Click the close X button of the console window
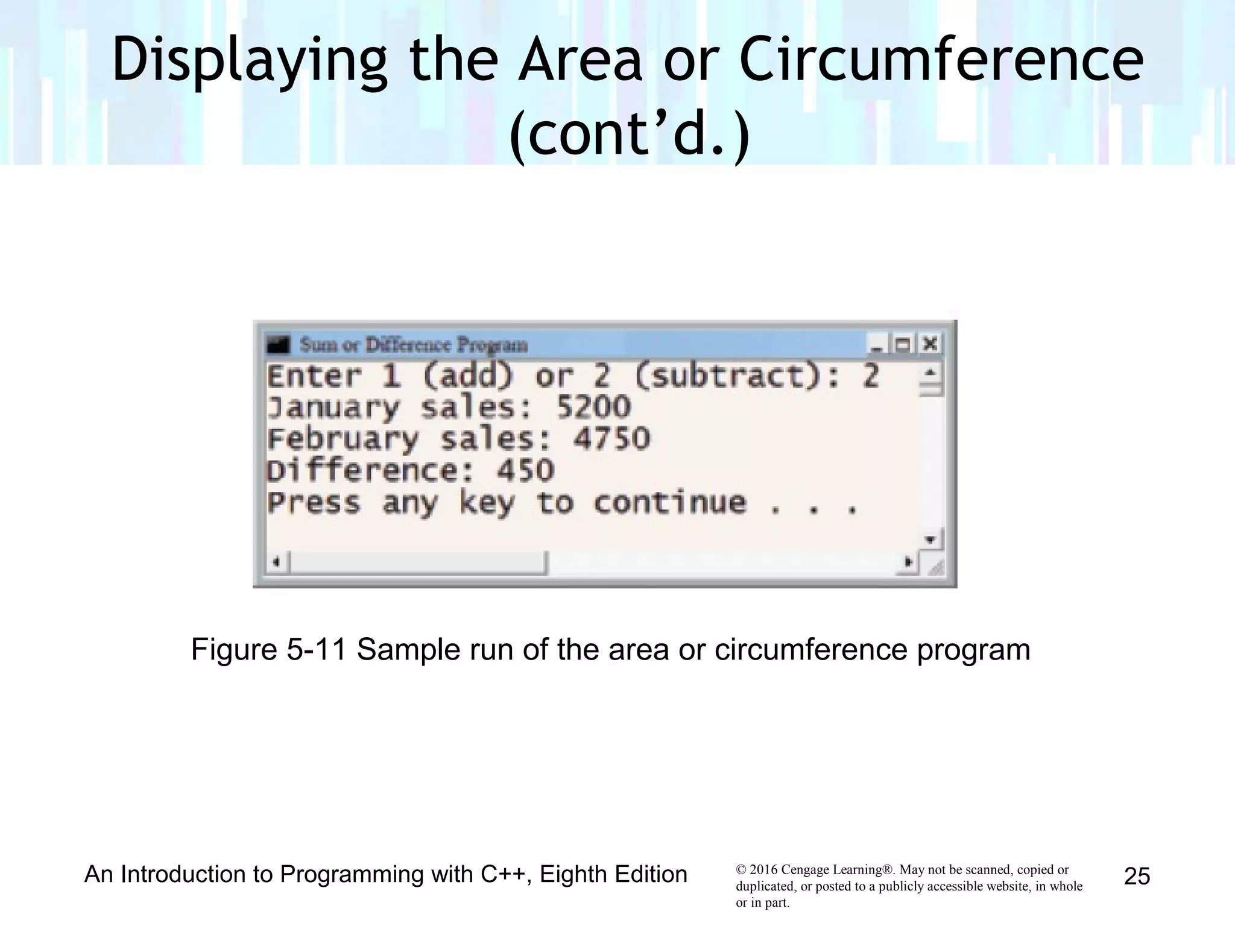coord(930,344)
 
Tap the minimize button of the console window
coord(876,345)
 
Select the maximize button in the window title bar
coord(903,345)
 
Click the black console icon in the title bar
coord(279,345)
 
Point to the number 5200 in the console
coord(593,408)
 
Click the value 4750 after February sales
coord(611,439)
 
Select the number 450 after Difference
coord(525,471)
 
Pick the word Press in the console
coord(314,503)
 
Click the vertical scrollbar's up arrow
coord(930,373)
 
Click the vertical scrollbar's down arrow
coord(930,539)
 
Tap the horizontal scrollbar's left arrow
coord(276,562)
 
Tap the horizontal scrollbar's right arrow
coord(908,562)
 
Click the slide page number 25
coord(1137,876)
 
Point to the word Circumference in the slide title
coord(941,60)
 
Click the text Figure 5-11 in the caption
coord(269,650)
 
